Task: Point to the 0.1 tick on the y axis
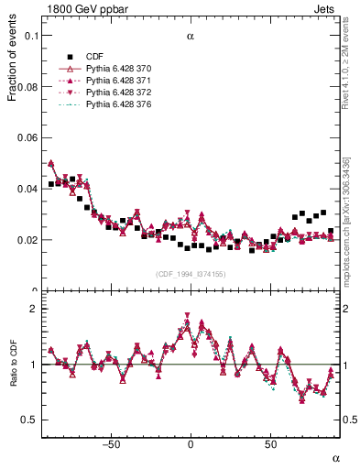pos(29,36)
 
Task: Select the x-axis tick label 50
pos(270,444)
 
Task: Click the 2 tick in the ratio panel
pos(33,309)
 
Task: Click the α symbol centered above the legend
pos(191,38)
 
